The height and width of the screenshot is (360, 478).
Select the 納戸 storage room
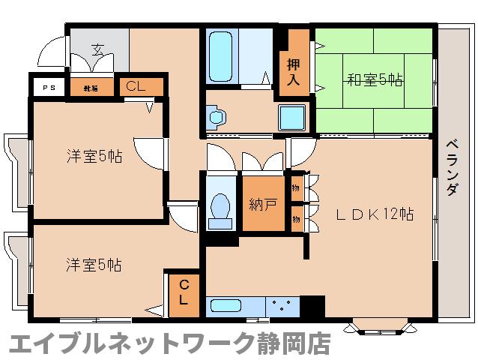(x=262, y=203)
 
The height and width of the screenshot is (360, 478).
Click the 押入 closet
(x=294, y=64)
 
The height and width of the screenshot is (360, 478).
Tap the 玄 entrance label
(x=98, y=52)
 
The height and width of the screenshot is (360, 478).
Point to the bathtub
(x=222, y=56)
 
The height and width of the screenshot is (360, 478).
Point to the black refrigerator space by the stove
(x=312, y=306)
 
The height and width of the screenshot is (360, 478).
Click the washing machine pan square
(x=291, y=118)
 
